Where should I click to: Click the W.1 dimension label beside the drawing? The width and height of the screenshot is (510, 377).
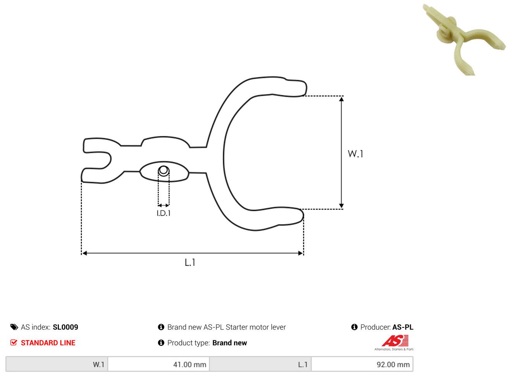tap(355, 154)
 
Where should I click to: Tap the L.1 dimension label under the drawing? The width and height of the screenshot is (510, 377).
tap(190, 262)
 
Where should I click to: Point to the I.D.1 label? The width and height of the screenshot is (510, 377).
tap(164, 213)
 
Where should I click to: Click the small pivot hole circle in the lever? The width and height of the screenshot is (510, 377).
tap(164, 170)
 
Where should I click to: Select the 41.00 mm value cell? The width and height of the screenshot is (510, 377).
tap(159, 364)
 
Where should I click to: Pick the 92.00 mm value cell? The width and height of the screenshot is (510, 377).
tap(362, 364)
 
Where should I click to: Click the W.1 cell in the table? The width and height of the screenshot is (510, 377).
tap(57, 364)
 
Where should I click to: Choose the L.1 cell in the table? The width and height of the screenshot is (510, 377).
tap(260, 364)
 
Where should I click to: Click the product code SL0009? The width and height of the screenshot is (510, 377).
tap(65, 327)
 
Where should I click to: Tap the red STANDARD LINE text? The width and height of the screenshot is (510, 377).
tap(48, 343)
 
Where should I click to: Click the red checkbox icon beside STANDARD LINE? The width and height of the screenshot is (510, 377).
tap(14, 343)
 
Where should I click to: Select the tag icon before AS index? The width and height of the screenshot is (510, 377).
tap(14, 327)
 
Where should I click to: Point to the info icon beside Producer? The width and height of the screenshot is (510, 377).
tap(354, 327)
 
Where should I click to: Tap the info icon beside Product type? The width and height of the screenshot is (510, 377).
tap(161, 343)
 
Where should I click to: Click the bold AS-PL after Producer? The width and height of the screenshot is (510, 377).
tap(403, 327)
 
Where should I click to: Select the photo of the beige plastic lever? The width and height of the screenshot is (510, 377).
tap(464, 39)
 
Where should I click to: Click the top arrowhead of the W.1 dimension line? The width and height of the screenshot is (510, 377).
tap(341, 99)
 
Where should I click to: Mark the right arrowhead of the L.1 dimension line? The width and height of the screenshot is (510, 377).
tap(300, 253)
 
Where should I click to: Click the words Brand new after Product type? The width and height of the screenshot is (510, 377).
tap(229, 343)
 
